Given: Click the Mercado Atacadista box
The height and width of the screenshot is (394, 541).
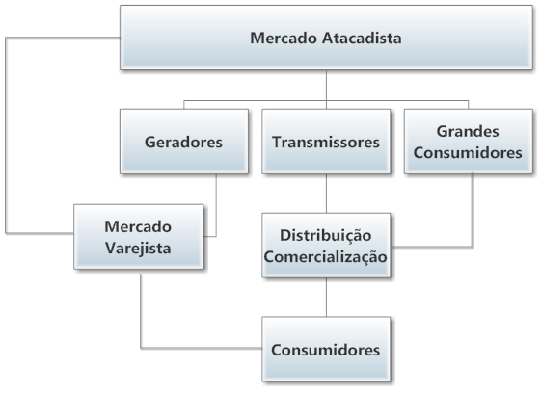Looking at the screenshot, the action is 326,38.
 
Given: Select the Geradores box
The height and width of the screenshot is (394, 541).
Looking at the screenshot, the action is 184,142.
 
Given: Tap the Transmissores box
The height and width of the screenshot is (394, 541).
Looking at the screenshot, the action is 326,142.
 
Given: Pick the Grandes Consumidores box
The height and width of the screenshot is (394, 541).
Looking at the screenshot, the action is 469,142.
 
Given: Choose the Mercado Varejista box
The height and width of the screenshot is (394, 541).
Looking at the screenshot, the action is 138,237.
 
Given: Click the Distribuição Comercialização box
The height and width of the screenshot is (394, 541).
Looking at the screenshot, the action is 326,246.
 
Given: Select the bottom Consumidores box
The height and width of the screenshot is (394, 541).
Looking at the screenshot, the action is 326,349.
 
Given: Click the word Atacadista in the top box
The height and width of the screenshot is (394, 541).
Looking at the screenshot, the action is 362,38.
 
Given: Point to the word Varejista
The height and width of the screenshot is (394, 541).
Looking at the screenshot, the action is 138,248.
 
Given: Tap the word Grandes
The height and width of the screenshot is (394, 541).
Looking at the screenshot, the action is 468,131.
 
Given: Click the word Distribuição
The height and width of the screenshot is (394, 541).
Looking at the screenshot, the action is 325,235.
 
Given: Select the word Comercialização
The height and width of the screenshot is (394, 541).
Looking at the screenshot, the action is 325,257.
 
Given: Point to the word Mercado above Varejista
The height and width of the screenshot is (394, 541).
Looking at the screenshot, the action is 138,226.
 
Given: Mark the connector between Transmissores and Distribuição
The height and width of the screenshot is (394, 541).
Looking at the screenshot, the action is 326,194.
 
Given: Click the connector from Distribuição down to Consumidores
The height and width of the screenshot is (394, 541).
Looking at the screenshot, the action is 326,297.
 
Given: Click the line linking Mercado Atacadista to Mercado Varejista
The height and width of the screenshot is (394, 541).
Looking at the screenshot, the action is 6,136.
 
